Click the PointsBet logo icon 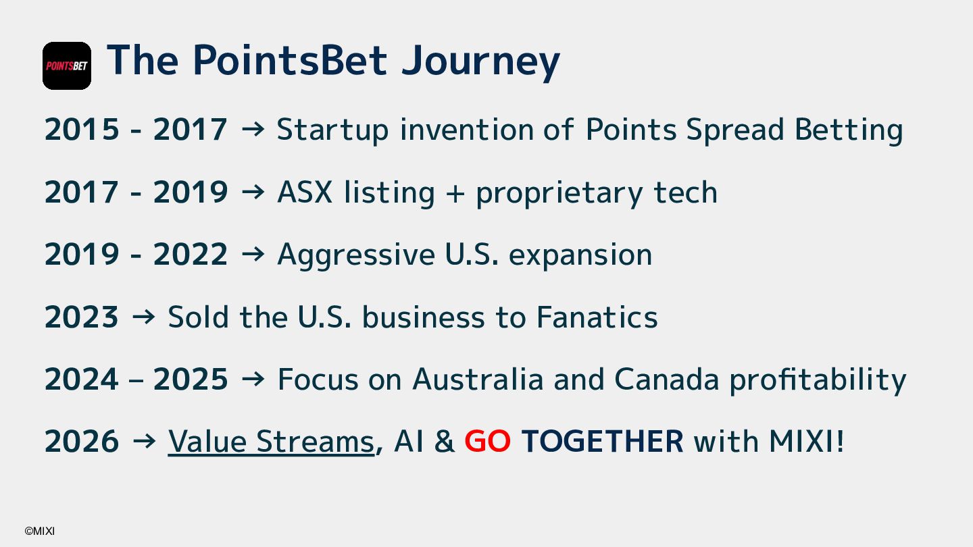(67, 66)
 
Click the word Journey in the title (480, 62)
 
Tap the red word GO (487, 441)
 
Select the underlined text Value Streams (271, 442)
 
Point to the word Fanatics (597, 317)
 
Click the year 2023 (82, 317)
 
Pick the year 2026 (82, 442)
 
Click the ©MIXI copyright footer (39, 531)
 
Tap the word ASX (305, 192)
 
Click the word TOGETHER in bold (602, 442)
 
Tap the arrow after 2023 (143, 317)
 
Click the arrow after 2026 (144, 441)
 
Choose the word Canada (667, 380)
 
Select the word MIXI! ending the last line (806, 442)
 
